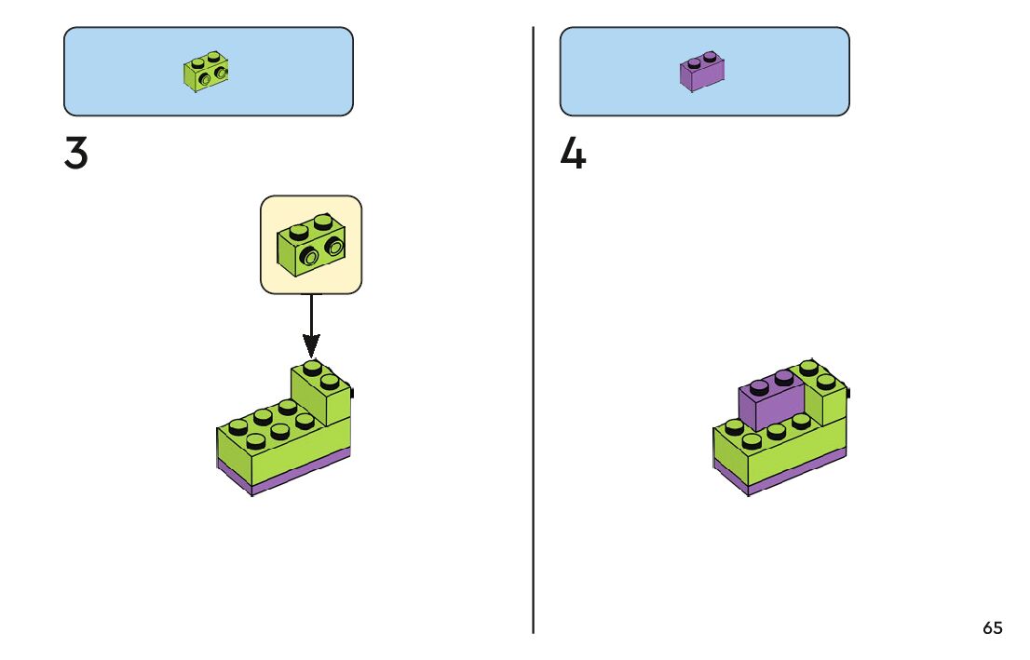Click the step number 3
pos(76,155)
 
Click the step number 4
pos(573,155)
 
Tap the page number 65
pos(993,628)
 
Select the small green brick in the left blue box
pos(207,71)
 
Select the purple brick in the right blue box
pos(703,72)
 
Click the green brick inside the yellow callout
pos(310,244)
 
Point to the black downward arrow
pos(311,321)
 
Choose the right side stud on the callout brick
pos(333,247)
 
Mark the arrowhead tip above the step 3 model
pos(311,357)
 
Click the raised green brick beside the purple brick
pos(826,398)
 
